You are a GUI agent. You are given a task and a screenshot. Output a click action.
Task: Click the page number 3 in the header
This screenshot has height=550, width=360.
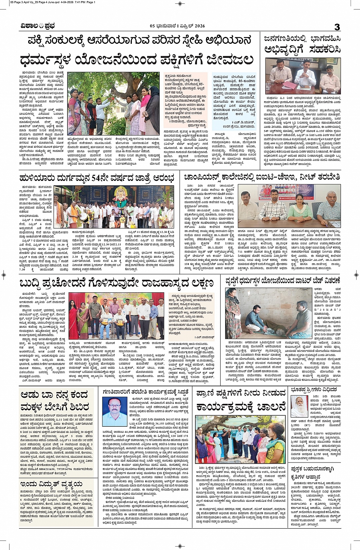point(337,27)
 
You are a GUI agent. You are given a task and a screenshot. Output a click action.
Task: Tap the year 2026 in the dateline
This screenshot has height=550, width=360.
point(199,26)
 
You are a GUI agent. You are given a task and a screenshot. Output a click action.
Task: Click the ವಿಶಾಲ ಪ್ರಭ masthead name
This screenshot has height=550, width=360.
point(38,26)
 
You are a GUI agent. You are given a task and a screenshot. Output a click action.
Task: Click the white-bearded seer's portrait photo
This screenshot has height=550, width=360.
point(299,406)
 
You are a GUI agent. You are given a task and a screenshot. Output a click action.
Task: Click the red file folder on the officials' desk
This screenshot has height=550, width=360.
point(290,86)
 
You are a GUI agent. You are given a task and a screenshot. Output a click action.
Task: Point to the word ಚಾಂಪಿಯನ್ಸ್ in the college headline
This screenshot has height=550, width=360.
point(206,177)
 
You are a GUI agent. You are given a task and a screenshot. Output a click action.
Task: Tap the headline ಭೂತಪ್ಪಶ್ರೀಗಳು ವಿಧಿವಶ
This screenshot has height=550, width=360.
point(314,389)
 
